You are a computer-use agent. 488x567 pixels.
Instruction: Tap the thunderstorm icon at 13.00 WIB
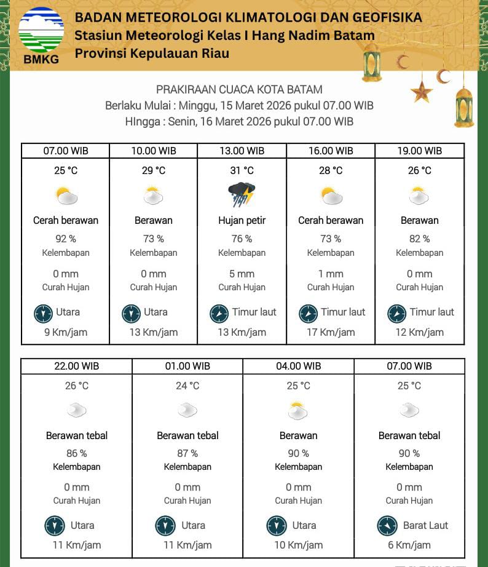(x=242, y=195)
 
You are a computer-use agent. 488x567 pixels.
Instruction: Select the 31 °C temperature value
(x=242, y=170)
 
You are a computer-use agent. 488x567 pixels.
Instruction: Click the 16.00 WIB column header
(x=331, y=151)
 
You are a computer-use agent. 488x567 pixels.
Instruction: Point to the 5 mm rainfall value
(x=242, y=274)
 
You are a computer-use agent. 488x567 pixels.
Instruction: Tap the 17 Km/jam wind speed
(x=331, y=332)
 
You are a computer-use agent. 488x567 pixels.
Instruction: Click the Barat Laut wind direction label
(x=425, y=525)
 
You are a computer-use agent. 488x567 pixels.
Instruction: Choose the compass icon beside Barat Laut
(x=387, y=526)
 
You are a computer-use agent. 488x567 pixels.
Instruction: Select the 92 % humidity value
(x=66, y=239)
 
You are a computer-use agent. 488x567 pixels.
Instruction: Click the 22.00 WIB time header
(x=76, y=366)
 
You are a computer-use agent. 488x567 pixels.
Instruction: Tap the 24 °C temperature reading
(x=187, y=386)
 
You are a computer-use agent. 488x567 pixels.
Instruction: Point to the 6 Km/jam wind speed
(x=409, y=545)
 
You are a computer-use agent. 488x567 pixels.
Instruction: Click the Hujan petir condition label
(x=242, y=220)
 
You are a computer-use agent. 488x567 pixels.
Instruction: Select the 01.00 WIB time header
(x=187, y=366)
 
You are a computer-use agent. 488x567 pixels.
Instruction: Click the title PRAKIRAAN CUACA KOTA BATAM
(x=239, y=90)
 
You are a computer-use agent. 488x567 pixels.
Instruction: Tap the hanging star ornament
(x=422, y=92)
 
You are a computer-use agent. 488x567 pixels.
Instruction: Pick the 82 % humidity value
(x=419, y=239)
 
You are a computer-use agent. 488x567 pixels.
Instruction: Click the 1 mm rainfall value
(x=331, y=274)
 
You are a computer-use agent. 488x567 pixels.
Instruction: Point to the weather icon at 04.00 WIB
(x=298, y=410)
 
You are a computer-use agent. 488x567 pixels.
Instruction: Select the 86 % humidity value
(x=76, y=453)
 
